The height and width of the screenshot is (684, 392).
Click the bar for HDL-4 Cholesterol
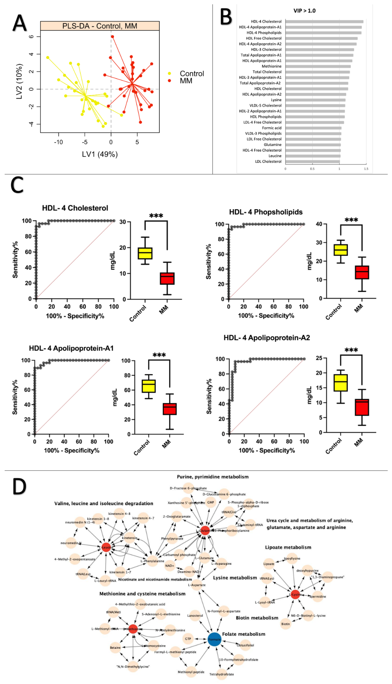(324, 22)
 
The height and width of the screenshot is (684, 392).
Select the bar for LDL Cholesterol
(312, 162)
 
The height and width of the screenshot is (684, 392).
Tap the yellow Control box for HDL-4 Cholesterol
(145, 253)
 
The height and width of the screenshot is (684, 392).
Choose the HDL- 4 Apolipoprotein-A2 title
(267, 338)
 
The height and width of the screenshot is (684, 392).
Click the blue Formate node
(214, 639)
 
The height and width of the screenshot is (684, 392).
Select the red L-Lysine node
(295, 594)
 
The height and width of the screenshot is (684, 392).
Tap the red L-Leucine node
(106, 547)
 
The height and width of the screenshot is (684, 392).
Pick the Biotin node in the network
(285, 624)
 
